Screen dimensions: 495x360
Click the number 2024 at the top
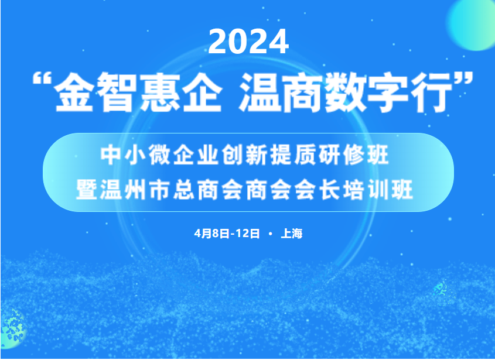[248, 42]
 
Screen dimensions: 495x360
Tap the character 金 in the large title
[74, 92]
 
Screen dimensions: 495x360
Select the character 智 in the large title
[117, 92]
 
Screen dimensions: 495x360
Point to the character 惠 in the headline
[160, 92]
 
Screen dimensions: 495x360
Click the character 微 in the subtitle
[160, 155]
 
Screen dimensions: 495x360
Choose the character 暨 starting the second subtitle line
[87, 190]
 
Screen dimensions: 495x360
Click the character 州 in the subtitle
[135, 190]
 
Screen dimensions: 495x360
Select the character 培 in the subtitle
[354, 190]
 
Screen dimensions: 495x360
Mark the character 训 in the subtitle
[378, 190]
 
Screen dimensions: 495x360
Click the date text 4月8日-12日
[227, 234]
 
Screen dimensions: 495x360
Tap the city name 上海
[292, 234]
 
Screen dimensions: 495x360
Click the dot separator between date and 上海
[271, 234]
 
